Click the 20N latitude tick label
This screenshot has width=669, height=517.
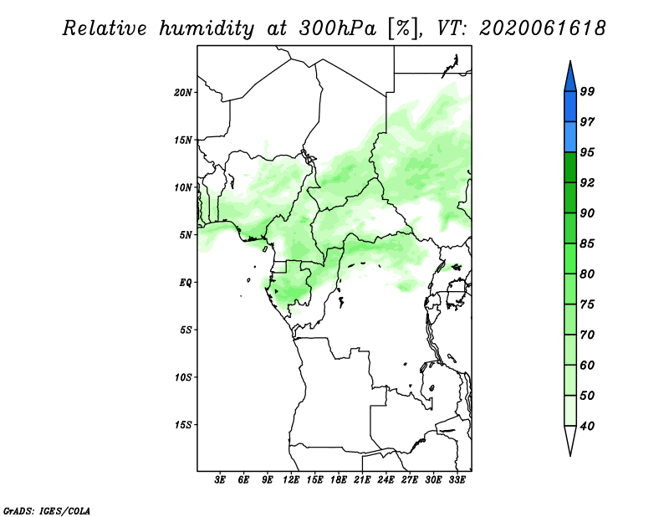pyautogui.click(x=183, y=93)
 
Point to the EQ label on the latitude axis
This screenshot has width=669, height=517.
pyautogui.click(x=185, y=283)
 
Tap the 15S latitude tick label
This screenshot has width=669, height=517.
pyautogui.click(x=183, y=425)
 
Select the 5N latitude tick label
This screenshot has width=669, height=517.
pyautogui.click(x=186, y=235)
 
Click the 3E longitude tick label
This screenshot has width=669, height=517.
pyautogui.click(x=220, y=479)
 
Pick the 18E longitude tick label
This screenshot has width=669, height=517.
pyautogui.click(x=339, y=479)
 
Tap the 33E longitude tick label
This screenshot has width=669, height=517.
pyautogui.click(x=457, y=479)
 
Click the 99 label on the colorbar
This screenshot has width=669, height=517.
pyautogui.click(x=587, y=91)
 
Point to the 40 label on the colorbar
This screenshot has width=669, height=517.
pyautogui.click(x=587, y=426)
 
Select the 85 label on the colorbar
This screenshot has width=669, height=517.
pyautogui.click(x=587, y=243)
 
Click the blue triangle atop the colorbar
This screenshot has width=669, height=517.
pyautogui.click(x=570, y=77)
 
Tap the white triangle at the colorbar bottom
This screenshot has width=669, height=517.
pyautogui.click(x=570, y=440)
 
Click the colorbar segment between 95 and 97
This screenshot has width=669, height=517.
pyautogui.click(x=570, y=137)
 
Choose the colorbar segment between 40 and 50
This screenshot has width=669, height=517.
pyautogui.click(x=570, y=411)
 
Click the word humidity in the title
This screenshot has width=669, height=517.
pyautogui.click(x=207, y=29)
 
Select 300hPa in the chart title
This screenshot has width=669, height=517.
pyautogui.click(x=338, y=28)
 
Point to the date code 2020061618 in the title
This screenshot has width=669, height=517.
pyautogui.click(x=542, y=28)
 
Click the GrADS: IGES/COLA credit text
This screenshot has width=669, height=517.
pyautogui.click(x=47, y=510)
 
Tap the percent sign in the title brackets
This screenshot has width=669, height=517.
pyautogui.click(x=403, y=29)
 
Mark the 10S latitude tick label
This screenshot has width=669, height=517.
pyautogui.click(x=183, y=377)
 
